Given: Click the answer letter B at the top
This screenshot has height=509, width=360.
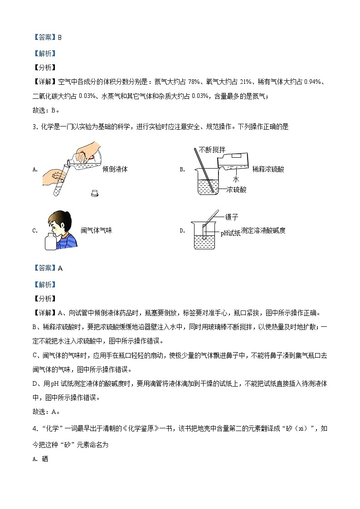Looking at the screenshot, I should coord(59,38).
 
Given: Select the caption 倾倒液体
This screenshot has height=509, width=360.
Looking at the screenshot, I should coord(115,169).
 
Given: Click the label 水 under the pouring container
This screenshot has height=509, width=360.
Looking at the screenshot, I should coord(235,179).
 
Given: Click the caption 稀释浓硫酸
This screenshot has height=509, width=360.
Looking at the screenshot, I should coord(271,169).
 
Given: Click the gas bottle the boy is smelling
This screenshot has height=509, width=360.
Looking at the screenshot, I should coord(51,240).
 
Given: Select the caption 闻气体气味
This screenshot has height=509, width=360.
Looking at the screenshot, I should coord(96,230).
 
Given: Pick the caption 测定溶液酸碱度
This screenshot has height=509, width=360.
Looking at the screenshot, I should coord(263,230).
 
